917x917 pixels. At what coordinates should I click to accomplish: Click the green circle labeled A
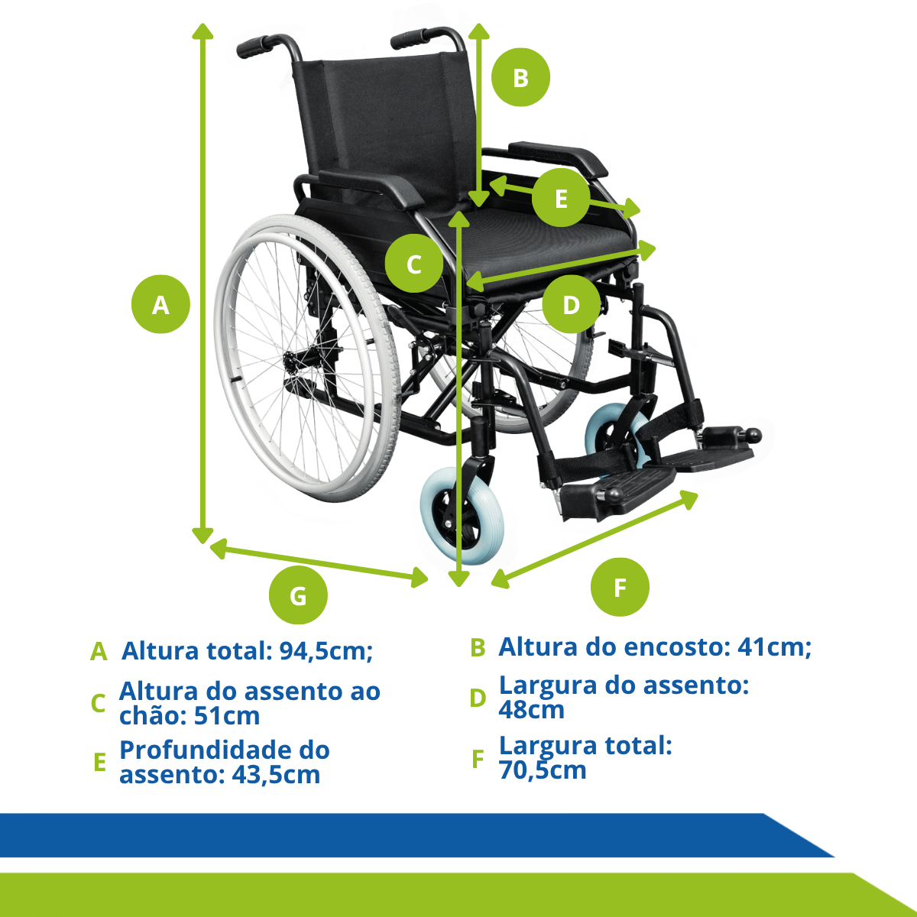tap(160, 304)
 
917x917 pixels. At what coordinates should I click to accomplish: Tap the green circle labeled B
tap(520, 77)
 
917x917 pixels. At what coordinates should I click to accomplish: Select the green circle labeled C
tap(414, 263)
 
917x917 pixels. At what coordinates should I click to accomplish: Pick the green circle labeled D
tap(571, 304)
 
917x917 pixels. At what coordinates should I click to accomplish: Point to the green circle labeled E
tap(561, 197)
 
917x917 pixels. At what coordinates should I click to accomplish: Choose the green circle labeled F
tap(620, 587)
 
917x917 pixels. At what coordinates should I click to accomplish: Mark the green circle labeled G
tap(298, 595)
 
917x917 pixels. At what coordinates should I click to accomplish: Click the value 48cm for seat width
tap(531, 709)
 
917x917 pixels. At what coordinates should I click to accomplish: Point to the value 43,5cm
tap(276, 775)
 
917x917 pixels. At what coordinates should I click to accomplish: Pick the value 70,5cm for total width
tap(543, 770)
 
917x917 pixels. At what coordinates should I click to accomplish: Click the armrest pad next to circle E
tap(558, 158)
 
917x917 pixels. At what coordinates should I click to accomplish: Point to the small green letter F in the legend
tap(478, 759)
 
